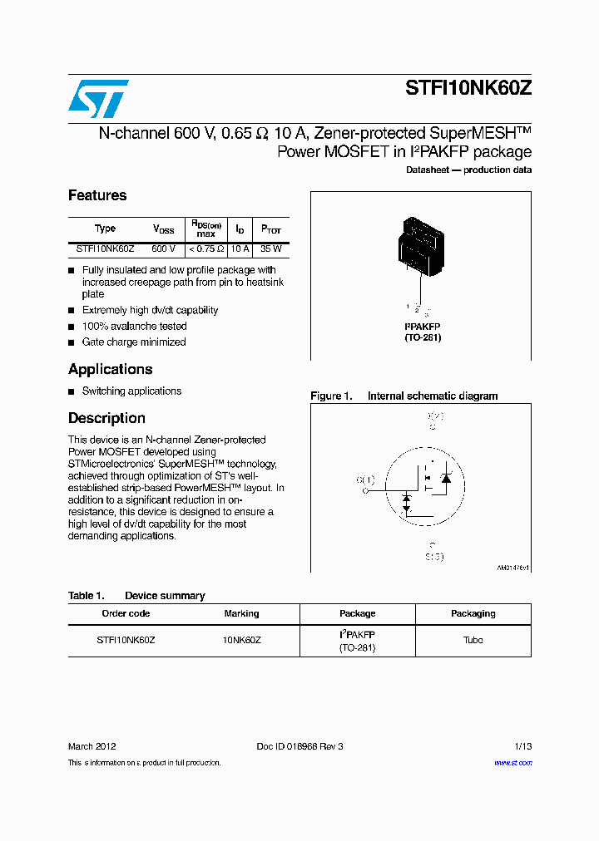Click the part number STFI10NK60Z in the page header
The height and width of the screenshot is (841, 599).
pos(468,89)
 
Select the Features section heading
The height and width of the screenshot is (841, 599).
pos(97,195)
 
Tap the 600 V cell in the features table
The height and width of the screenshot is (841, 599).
pos(164,248)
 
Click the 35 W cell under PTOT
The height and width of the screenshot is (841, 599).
pos(271,248)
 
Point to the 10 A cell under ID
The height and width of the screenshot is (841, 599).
pos(240,248)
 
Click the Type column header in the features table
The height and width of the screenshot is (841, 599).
pos(106,229)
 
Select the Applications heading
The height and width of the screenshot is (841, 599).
pos(110,369)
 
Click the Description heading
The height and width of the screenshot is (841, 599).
pos(106,418)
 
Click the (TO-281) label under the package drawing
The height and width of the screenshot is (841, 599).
pos(423,337)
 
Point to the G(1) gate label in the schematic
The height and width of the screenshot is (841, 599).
pos(365,480)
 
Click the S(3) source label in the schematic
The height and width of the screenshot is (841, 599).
pos(434,557)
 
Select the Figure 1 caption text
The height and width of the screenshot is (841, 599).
pos(404,396)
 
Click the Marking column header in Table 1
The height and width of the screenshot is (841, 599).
pos(241,613)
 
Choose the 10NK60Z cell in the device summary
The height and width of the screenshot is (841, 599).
pos(241,640)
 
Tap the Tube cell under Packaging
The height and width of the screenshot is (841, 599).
pos(473,640)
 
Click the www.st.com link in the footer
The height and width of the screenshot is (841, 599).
pos(512,762)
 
